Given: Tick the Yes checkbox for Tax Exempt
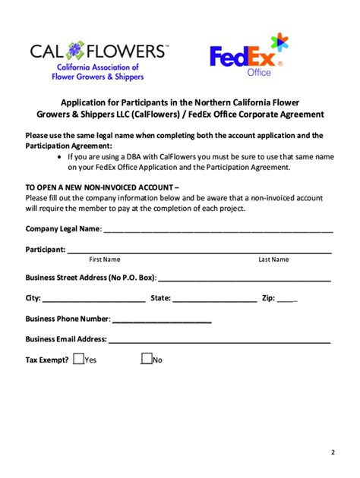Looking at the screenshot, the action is [79, 359].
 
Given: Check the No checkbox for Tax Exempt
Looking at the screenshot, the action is [147, 359].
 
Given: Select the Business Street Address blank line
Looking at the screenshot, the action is [244, 278].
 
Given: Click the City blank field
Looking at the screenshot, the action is [93, 299].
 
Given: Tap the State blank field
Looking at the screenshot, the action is [214, 299].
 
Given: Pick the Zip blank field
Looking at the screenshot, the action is [286, 299].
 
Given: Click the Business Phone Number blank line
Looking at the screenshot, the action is [161, 319].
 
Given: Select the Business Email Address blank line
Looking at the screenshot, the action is [219, 340].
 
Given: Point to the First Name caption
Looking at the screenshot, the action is [105, 259].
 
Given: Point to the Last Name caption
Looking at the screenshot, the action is [273, 259].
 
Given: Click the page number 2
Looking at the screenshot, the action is [332, 453].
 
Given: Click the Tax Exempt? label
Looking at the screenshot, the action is [47, 360].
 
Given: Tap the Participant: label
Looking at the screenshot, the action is [45, 249].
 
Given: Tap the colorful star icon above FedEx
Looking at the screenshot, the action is [279, 43].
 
